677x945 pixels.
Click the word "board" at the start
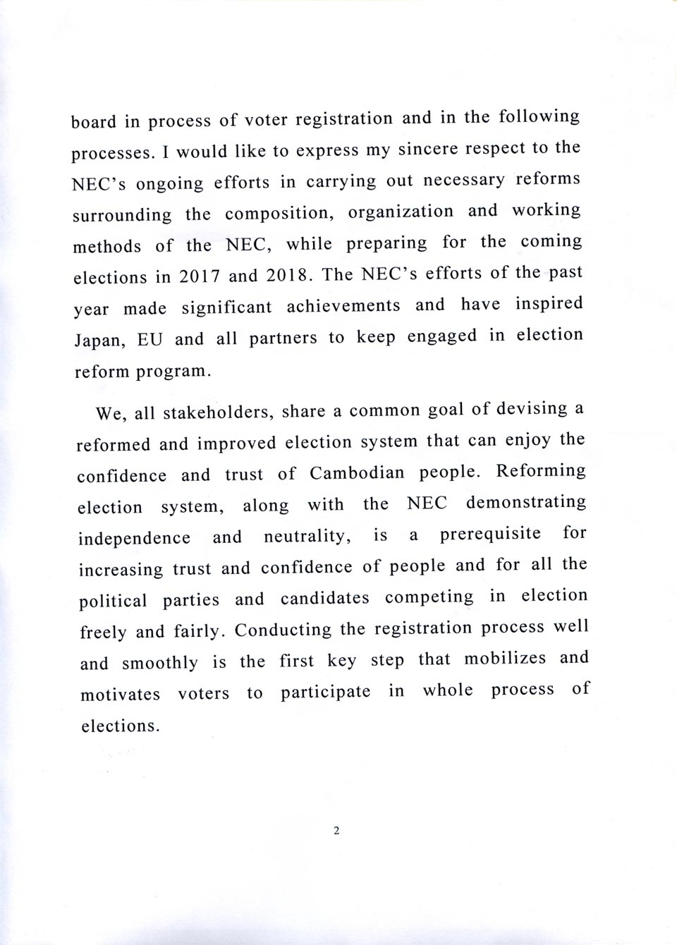[x=94, y=122]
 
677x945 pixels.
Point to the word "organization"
[x=401, y=212]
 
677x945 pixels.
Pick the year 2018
[x=288, y=275]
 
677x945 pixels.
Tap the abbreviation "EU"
[x=150, y=340]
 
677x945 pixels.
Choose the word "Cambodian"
[x=357, y=473]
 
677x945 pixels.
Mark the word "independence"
[x=134, y=538]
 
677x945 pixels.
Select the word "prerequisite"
[x=491, y=534]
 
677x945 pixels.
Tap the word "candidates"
[x=324, y=599]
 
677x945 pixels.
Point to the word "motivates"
[x=120, y=695]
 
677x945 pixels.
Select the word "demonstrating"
[x=526, y=503]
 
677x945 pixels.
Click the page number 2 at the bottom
[x=336, y=831]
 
